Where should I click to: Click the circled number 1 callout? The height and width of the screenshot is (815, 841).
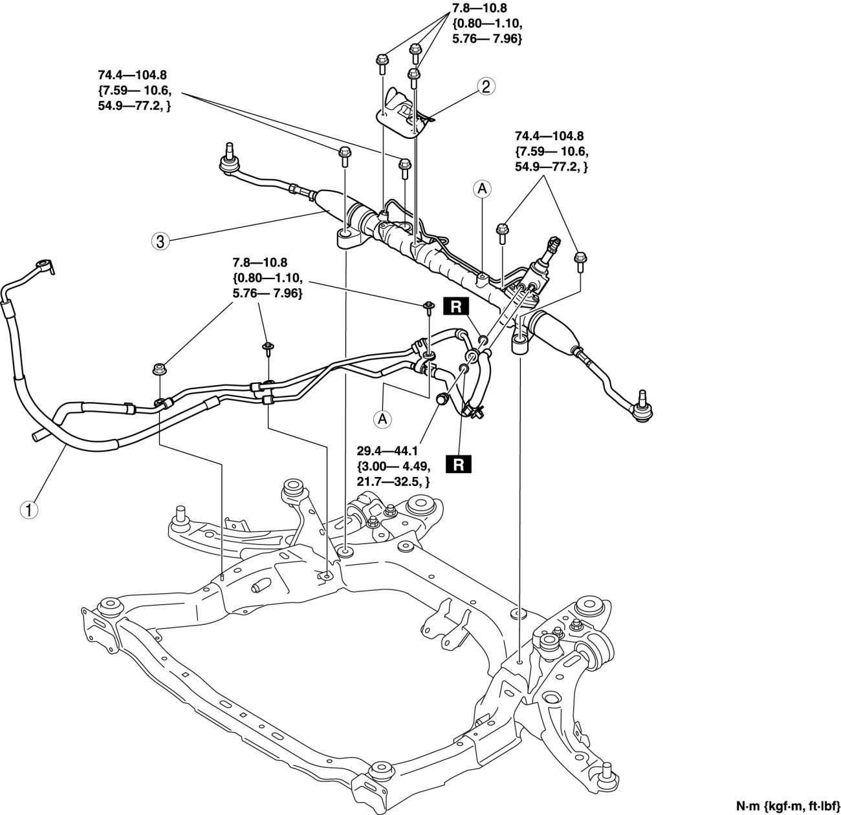click(x=28, y=509)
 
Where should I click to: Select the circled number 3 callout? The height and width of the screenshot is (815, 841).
click(x=160, y=241)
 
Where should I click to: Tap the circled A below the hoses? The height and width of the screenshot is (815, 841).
click(x=384, y=419)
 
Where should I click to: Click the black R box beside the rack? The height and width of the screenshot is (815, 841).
click(x=456, y=307)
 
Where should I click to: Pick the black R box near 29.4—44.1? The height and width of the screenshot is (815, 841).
click(x=458, y=464)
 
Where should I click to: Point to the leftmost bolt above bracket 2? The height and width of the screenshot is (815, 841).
click(x=380, y=61)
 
